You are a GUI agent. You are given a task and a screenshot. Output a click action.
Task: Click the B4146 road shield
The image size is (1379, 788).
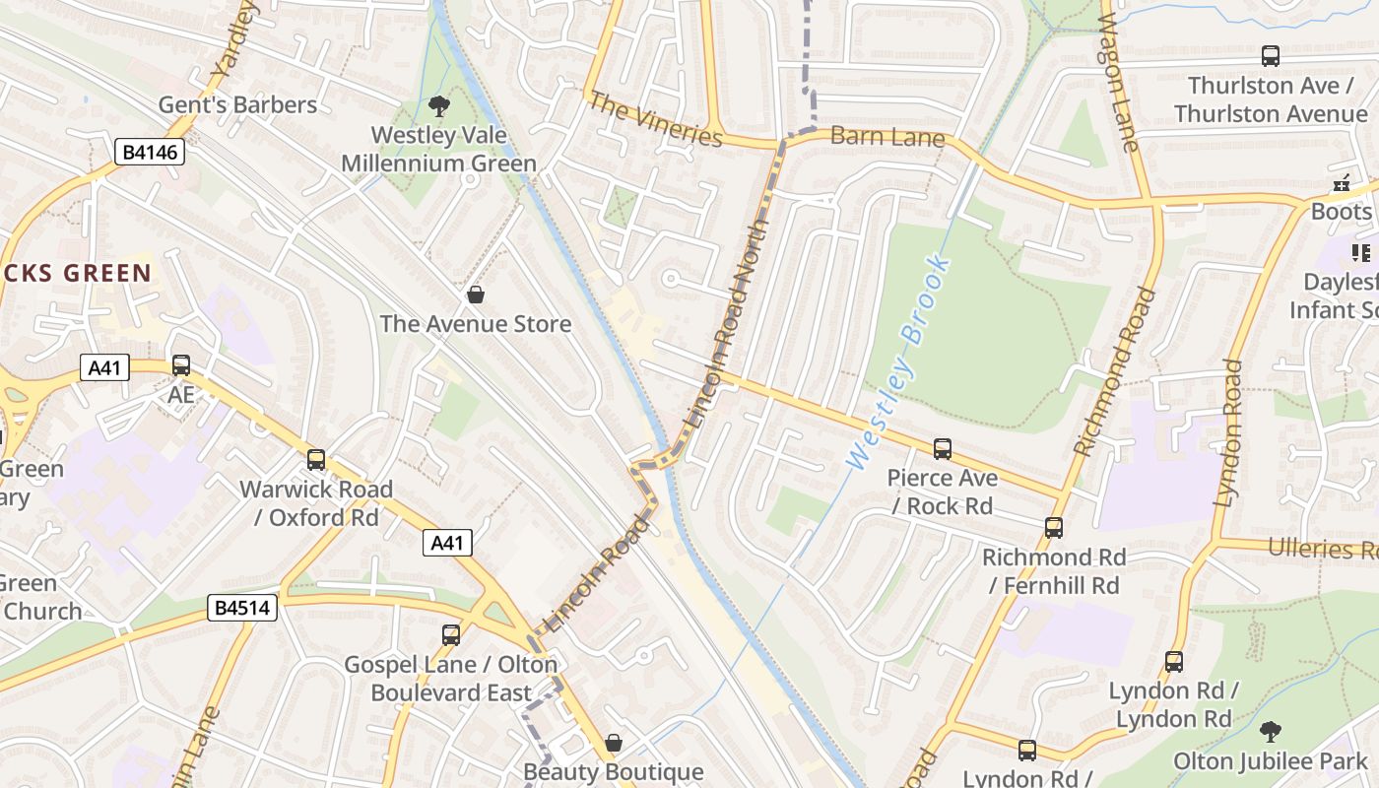(x=149, y=152)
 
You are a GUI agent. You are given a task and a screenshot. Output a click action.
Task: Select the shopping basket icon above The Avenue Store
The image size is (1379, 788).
(x=476, y=295)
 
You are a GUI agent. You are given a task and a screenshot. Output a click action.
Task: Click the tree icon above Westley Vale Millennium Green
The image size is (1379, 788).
(x=438, y=105)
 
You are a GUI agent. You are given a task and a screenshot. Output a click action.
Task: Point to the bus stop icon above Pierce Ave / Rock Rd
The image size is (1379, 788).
(x=943, y=449)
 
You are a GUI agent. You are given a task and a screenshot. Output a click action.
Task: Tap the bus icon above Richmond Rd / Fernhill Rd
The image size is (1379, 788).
(x=1054, y=528)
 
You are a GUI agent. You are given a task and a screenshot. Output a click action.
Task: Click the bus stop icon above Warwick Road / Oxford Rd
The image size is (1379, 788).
(x=316, y=460)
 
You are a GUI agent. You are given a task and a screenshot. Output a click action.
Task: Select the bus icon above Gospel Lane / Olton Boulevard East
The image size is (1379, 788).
(x=451, y=635)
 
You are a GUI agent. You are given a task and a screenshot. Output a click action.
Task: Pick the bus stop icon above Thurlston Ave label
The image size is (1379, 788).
(x=1271, y=56)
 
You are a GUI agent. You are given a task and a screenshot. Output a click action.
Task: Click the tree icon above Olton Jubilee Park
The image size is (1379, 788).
(x=1271, y=732)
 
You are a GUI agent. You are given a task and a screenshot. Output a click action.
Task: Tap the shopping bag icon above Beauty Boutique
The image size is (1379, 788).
(x=614, y=743)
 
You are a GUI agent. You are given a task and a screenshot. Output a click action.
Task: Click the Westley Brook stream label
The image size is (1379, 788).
(x=898, y=361)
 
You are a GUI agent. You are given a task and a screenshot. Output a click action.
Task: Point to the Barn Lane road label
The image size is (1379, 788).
(x=887, y=137)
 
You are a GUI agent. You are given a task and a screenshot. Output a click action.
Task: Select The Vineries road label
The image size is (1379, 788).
(x=655, y=119)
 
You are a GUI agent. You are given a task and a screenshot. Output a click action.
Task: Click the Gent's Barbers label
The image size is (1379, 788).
(x=237, y=104)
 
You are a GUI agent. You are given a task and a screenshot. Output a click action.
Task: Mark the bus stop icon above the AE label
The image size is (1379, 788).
(x=181, y=365)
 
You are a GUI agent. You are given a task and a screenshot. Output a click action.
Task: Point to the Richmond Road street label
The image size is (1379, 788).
(x=1113, y=371)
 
